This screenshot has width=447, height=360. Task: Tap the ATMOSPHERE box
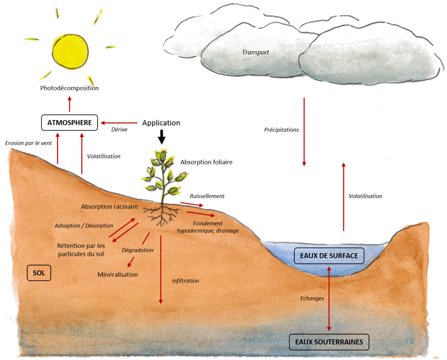(x=70, y=123)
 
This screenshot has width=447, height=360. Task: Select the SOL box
(x=39, y=273)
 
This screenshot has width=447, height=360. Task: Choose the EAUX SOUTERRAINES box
(x=329, y=342)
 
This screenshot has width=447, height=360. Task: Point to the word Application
(x=161, y=123)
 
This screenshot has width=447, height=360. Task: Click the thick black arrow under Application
(x=162, y=137)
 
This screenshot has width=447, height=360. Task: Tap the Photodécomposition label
(x=69, y=88)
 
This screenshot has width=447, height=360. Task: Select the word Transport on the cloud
(x=256, y=52)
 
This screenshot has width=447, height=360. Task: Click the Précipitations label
(x=282, y=130)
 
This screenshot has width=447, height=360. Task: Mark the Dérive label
(x=119, y=130)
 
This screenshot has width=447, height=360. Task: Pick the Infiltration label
(x=185, y=281)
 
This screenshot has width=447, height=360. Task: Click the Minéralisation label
(x=117, y=274)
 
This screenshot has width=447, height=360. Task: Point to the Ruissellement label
(x=207, y=196)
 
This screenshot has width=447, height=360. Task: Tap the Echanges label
(x=312, y=298)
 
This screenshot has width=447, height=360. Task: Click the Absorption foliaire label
(x=206, y=162)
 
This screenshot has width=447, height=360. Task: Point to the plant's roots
(x=162, y=214)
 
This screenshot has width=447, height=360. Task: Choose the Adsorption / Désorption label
(x=84, y=226)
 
